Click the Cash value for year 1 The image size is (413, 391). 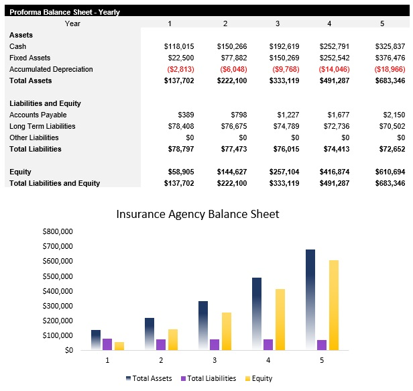179,46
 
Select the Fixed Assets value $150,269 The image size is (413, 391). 285,58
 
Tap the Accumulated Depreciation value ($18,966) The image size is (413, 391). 390,69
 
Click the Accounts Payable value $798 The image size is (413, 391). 238,115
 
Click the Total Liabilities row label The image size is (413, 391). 36,149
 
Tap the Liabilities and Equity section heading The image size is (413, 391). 45,103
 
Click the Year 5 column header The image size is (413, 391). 383,23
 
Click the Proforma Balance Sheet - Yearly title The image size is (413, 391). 55,11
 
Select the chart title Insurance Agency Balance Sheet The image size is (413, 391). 197,215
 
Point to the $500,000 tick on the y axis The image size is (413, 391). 57,276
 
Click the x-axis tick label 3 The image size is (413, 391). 215,360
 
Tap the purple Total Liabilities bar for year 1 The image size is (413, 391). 107,344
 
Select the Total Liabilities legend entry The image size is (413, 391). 211,378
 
